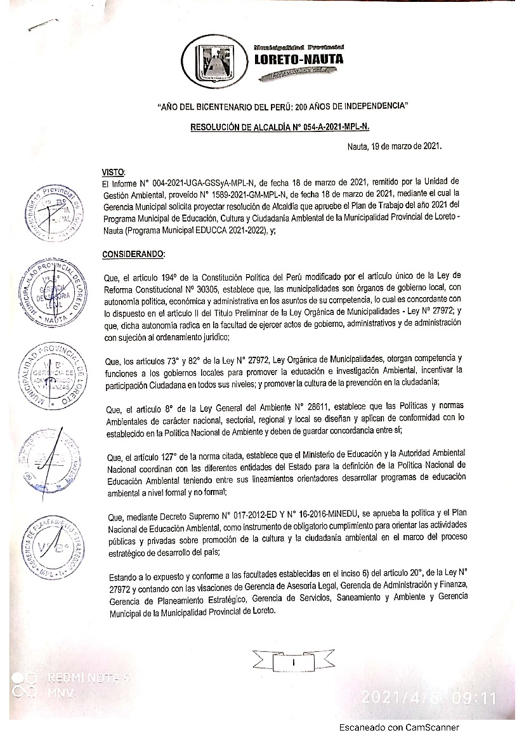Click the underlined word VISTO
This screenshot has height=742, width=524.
click(114, 172)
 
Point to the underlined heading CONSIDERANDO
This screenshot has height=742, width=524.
click(133, 255)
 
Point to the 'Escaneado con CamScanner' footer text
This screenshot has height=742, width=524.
click(398, 728)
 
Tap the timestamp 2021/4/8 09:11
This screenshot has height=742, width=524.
click(429, 698)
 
